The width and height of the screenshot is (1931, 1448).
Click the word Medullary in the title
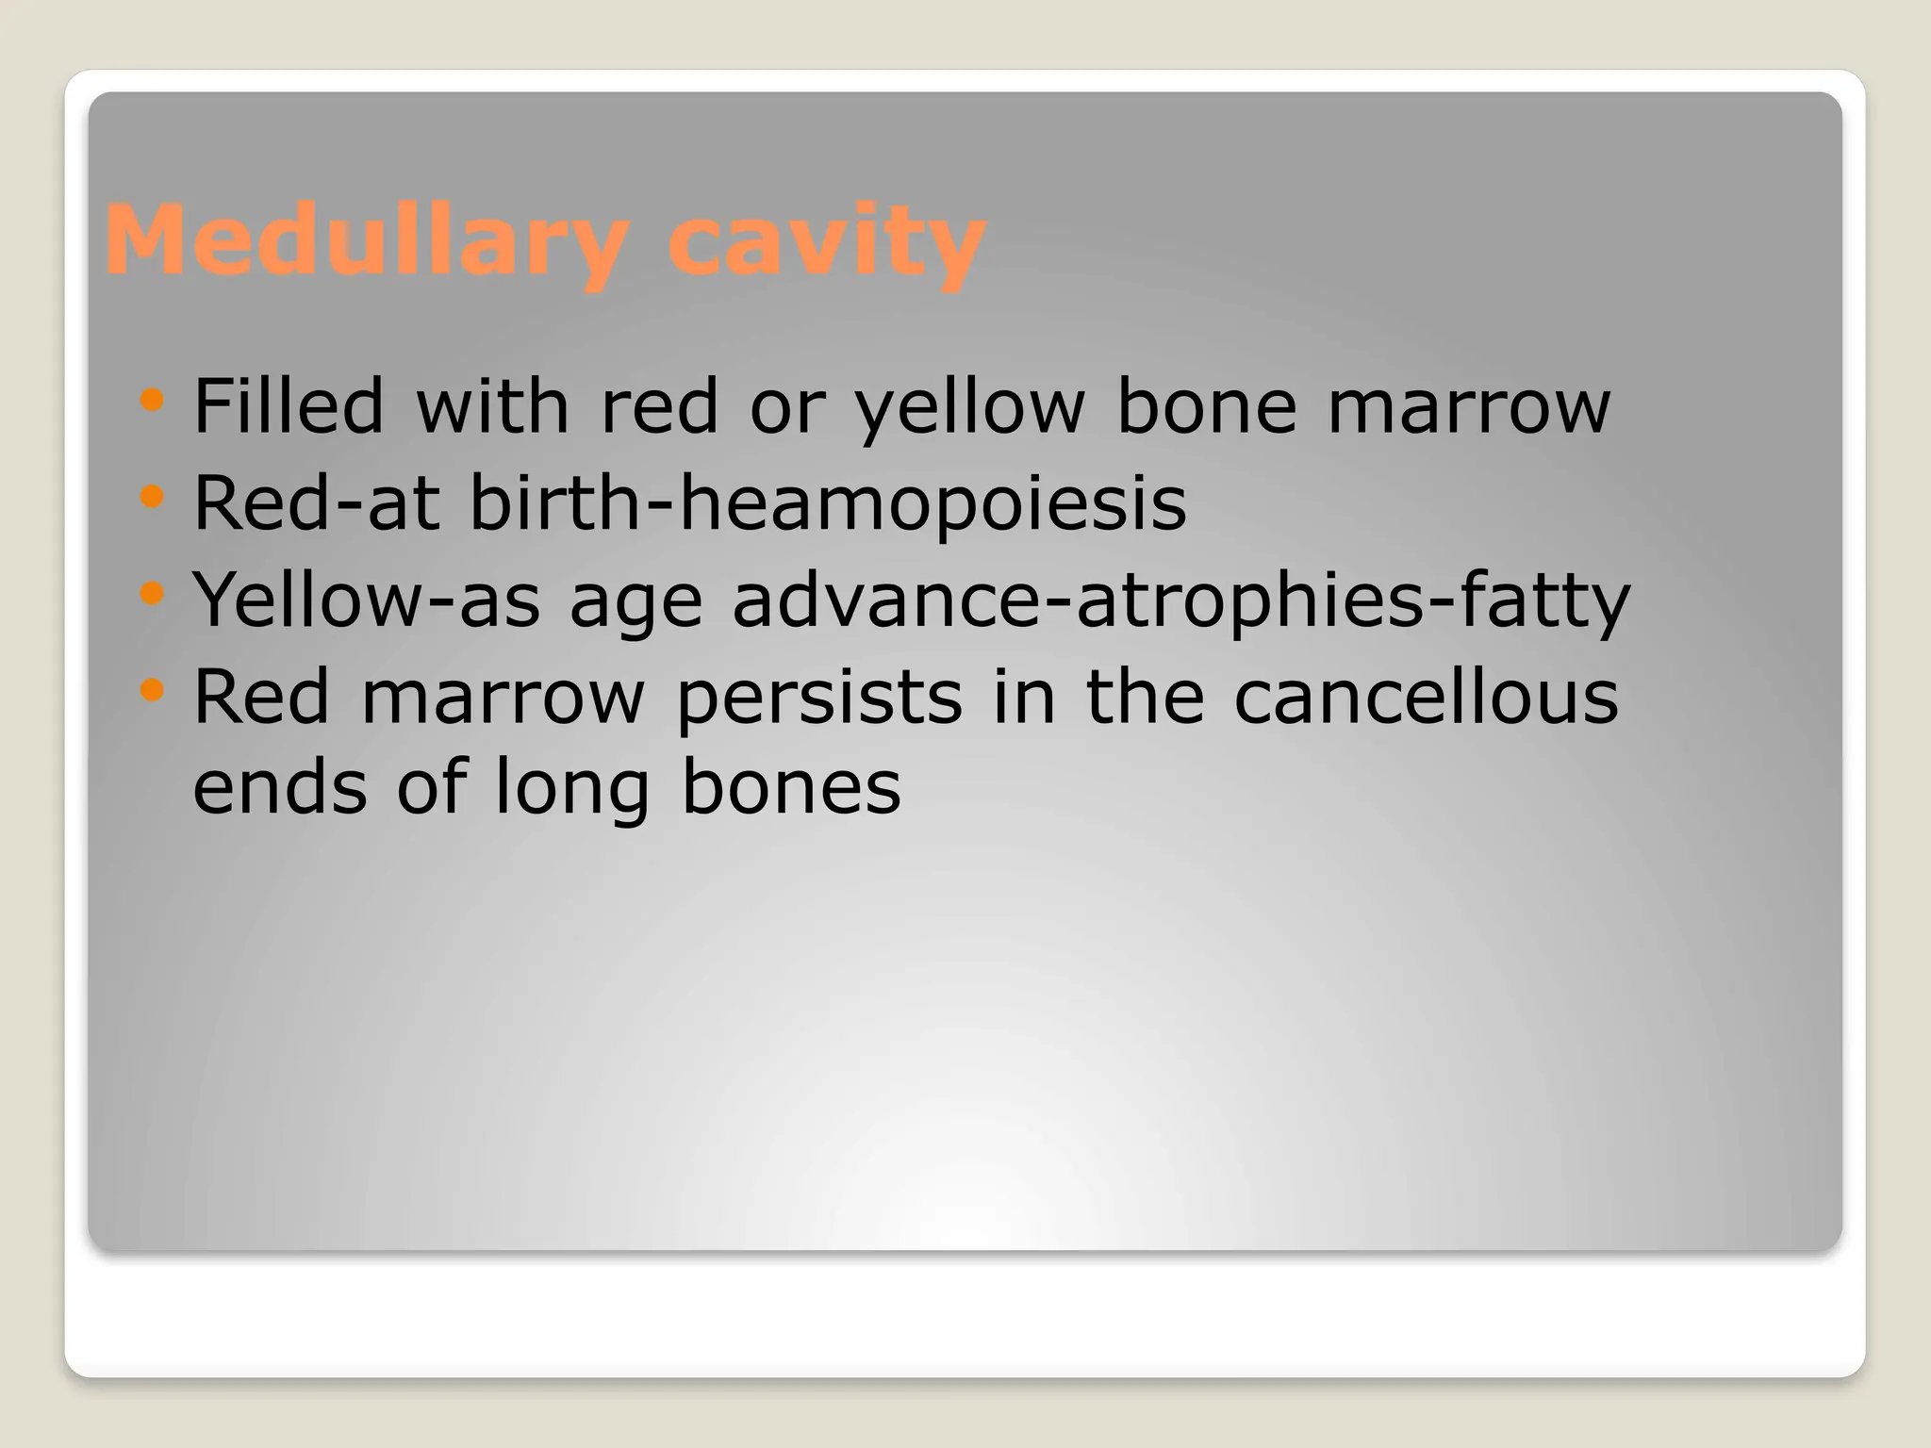[x=366, y=241]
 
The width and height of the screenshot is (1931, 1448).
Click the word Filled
[x=289, y=406]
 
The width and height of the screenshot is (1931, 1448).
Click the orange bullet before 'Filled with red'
[x=151, y=400]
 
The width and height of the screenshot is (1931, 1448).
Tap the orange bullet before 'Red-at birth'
[x=151, y=496]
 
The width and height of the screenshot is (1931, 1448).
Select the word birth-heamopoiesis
[x=828, y=504]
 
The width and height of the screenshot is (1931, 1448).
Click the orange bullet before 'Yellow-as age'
[x=151, y=593]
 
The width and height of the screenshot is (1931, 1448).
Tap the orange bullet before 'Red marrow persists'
[x=151, y=691]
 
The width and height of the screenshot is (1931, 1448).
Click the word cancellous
[x=1426, y=698]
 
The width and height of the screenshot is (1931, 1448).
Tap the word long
[x=571, y=790]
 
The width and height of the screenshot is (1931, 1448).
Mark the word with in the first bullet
[x=492, y=406]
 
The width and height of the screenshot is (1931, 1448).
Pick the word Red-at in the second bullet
[x=316, y=503]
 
